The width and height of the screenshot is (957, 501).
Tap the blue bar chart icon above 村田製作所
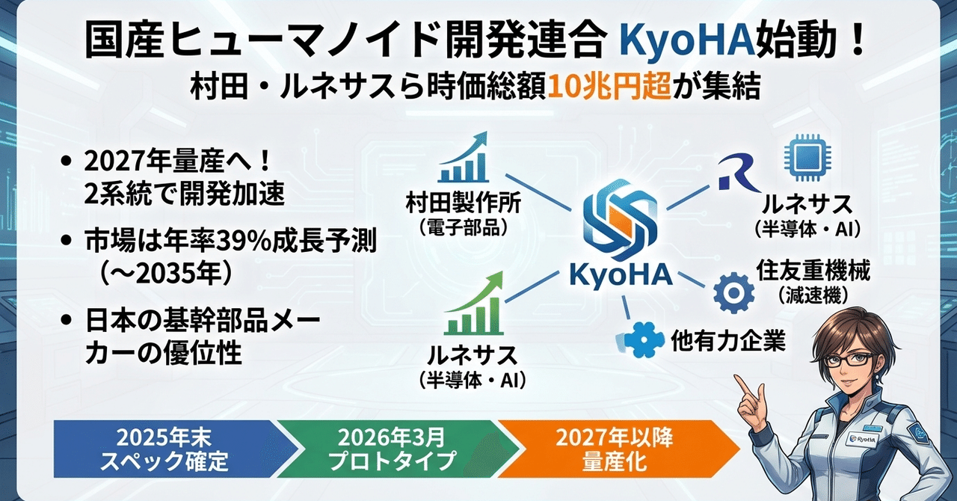[464, 159]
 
